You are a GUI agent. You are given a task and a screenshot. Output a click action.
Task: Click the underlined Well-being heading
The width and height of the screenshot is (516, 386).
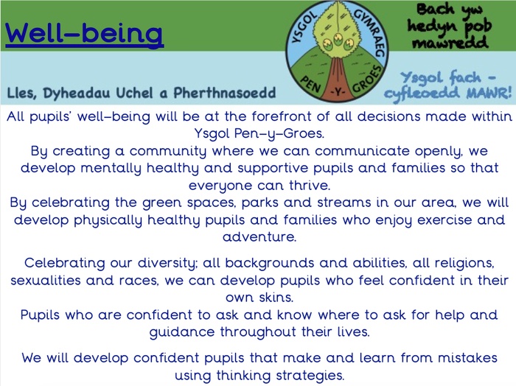click(x=84, y=34)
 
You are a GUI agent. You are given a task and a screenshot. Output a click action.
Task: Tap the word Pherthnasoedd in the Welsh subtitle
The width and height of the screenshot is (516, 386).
click(x=225, y=93)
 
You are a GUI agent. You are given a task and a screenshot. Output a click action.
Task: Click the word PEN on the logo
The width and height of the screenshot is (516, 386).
click(x=310, y=84)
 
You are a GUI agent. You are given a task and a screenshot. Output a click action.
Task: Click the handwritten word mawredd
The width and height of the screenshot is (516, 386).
click(x=450, y=43)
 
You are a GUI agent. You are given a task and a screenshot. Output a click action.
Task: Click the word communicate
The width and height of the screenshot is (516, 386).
click(x=361, y=151)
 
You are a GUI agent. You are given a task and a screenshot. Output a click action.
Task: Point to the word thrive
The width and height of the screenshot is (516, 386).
click(x=310, y=186)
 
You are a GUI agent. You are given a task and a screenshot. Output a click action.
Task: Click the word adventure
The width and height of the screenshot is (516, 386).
click(x=259, y=236)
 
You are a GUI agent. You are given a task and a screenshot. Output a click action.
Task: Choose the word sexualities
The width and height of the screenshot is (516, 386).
click(x=45, y=281)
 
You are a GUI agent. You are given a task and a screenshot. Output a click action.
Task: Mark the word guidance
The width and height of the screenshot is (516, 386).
click(x=182, y=331)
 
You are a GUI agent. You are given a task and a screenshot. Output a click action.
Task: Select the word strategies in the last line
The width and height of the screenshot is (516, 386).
click(x=310, y=375)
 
